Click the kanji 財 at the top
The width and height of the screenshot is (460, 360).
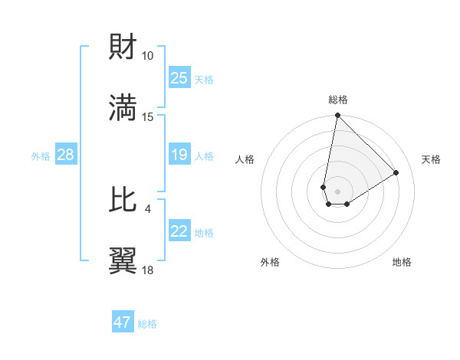pyautogui.click(x=123, y=47)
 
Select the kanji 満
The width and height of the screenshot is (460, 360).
pyautogui.click(x=123, y=107)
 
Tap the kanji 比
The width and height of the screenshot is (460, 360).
pyautogui.click(x=123, y=199)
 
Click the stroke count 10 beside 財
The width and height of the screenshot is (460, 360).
pyautogui.click(x=147, y=56)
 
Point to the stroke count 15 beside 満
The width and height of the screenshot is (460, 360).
pyautogui.click(x=147, y=116)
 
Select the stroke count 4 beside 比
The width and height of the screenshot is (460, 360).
pyautogui.click(x=147, y=208)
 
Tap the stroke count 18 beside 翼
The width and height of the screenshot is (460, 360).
pyautogui.click(x=147, y=269)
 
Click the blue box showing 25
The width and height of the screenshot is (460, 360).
pyautogui.click(x=179, y=78)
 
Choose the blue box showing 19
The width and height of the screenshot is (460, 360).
pyautogui.click(x=179, y=155)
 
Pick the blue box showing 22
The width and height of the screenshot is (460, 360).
pyautogui.click(x=179, y=231)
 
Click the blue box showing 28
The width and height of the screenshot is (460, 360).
pyautogui.click(x=65, y=155)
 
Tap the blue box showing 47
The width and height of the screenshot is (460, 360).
pyautogui.click(x=122, y=322)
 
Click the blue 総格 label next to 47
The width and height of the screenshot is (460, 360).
pyautogui.click(x=147, y=324)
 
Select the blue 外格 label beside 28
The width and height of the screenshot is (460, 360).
pyautogui.click(x=41, y=156)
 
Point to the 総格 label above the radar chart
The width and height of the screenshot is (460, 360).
pyautogui.click(x=338, y=100)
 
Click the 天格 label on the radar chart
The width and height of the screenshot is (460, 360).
pyautogui.click(x=431, y=159)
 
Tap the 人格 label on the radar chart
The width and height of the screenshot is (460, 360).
pyautogui.click(x=245, y=159)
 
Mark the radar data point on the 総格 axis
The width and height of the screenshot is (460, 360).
pyautogui.click(x=337, y=116)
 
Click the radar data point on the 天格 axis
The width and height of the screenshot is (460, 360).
pyautogui.click(x=396, y=172)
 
